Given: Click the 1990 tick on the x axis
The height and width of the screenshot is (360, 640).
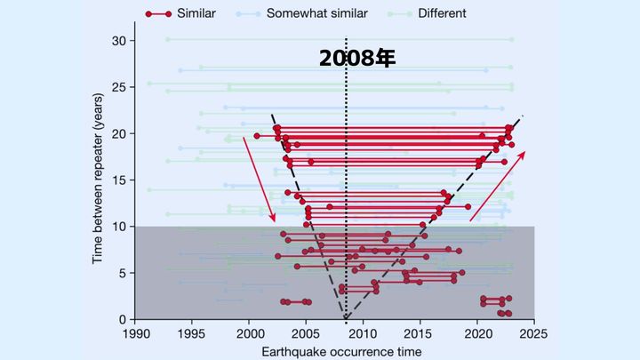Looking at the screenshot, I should click(135, 334).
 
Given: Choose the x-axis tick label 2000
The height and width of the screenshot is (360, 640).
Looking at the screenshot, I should click(249, 334).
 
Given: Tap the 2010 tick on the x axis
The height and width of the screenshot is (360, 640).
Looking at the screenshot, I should click(364, 334).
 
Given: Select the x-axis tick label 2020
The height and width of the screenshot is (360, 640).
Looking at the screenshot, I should click(477, 334).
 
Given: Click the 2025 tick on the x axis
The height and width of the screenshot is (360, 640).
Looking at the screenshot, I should click(534, 334).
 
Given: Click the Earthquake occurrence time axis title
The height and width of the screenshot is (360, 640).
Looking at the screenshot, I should click(334, 352).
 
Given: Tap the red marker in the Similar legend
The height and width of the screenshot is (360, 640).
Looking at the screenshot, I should click(158, 13).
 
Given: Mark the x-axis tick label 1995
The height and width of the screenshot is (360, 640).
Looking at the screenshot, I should click(192, 334).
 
